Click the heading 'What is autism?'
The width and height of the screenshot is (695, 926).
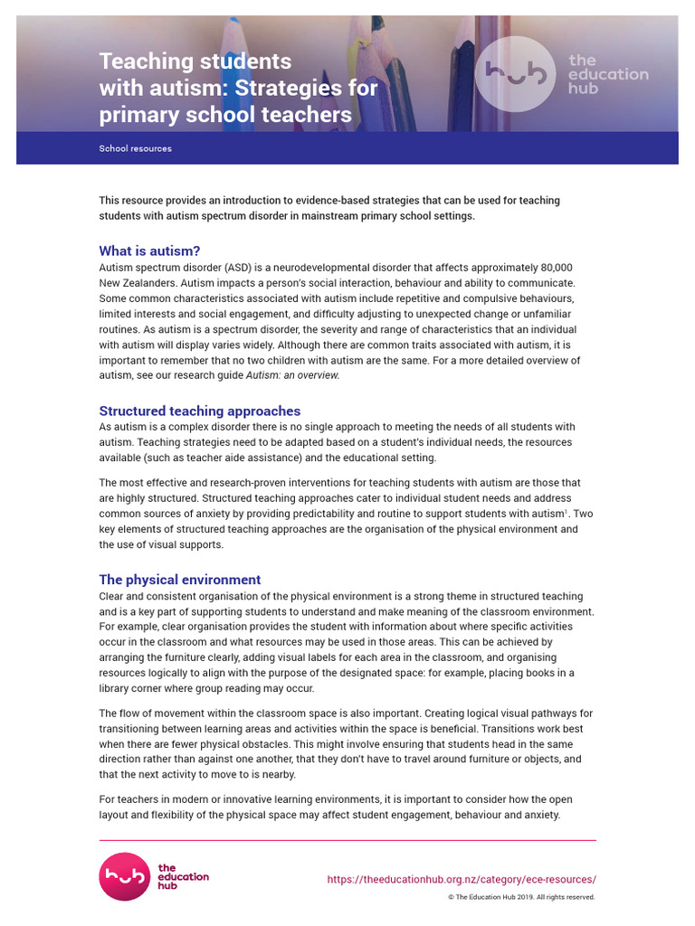pyautogui.click(x=149, y=250)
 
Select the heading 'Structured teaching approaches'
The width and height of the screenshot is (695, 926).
pyautogui.click(x=199, y=411)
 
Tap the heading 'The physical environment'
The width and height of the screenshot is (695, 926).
pyautogui.click(x=179, y=580)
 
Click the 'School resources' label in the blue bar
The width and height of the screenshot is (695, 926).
pyautogui.click(x=135, y=148)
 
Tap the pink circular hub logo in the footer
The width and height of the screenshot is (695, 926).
pyautogui.click(x=124, y=876)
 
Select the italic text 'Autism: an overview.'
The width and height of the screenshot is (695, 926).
pyautogui.click(x=281, y=375)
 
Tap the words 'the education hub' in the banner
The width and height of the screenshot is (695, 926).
pyautogui.click(x=607, y=74)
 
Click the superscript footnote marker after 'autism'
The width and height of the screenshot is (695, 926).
pyautogui.click(x=566, y=510)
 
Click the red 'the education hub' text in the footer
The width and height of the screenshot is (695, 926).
pyautogui.click(x=183, y=876)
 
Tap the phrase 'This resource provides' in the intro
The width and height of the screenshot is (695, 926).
pyautogui.click(x=154, y=201)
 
